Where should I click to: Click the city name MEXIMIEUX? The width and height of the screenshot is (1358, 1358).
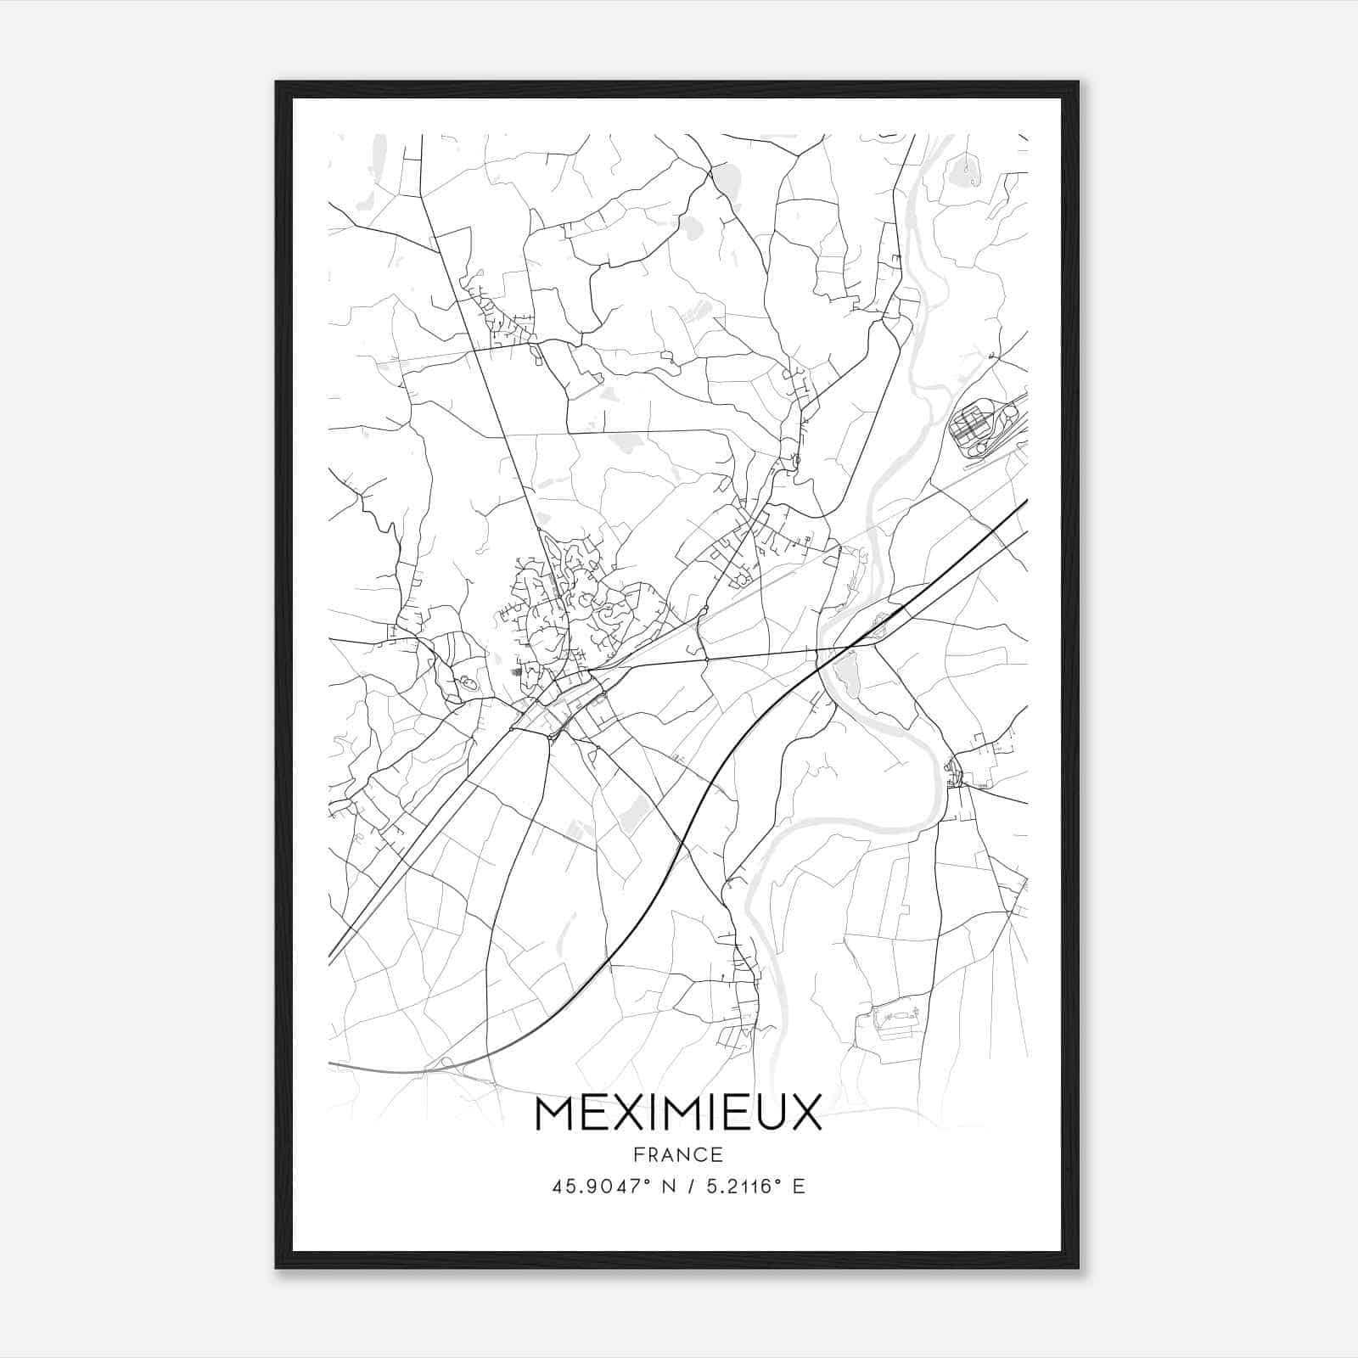coord(678,1113)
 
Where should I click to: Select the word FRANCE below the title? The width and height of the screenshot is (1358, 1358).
coord(678,1154)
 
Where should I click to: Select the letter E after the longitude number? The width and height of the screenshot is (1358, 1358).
coord(798,1187)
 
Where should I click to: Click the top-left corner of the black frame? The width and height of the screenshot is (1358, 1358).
coord(277,83)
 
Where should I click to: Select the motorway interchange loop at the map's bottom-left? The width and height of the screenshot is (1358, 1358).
coord(448,1066)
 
